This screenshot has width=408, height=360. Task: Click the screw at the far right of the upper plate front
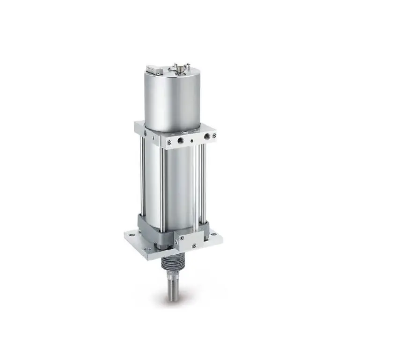click(x=214, y=136)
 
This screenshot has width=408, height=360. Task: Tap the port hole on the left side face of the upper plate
click(x=145, y=133)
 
